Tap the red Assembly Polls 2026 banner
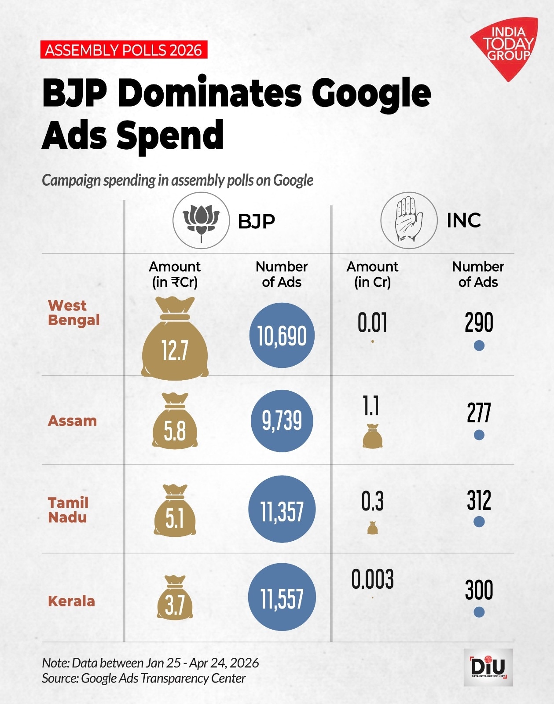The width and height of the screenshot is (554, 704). (124, 50)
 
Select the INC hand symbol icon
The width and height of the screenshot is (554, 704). (409, 220)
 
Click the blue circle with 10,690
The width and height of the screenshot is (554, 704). (282, 336)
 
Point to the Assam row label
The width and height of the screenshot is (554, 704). (72, 421)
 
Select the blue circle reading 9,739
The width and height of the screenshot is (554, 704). (282, 421)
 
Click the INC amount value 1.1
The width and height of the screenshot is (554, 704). (371, 406)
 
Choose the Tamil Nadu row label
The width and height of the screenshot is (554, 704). (68, 510)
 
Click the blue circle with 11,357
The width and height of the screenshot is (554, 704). (282, 510)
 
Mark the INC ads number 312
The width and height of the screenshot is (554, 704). (479, 501)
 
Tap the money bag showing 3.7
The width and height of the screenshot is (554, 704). (175, 600)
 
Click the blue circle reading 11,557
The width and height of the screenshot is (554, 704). (282, 598)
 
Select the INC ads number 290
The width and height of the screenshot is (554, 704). (479, 323)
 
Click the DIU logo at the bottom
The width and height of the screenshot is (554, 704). (488, 667)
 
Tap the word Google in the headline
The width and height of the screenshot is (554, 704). (371, 93)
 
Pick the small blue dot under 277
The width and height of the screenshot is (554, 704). (479, 435)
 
